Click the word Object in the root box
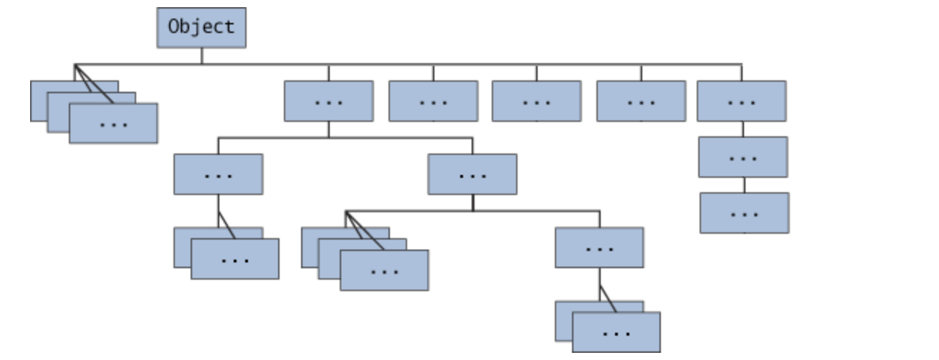click(x=201, y=27)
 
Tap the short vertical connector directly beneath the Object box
click(x=201, y=56)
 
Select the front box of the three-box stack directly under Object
click(x=113, y=124)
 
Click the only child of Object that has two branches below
click(x=328, y=101)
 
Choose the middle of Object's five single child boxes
click(x=536, y=101)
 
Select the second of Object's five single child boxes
click(x=433, y=101)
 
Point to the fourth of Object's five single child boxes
click(x=641, y=101)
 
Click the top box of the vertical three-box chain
click(x=741, y=101)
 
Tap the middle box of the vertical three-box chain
click(x=743, y=157)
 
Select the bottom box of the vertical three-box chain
click(x=745, y=213)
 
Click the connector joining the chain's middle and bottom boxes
click(x=744, y=185)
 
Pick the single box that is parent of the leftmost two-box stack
click(x=218, y=174)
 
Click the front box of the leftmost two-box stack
click(x=235, y=259)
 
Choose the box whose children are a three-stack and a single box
click(x=472, y=174)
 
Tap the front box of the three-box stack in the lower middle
click(x=384, y=270)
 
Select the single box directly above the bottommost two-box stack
click(x=599, y=247)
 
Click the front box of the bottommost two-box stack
click(x=616, y=332)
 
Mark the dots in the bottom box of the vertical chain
click(x=745, y=214)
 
